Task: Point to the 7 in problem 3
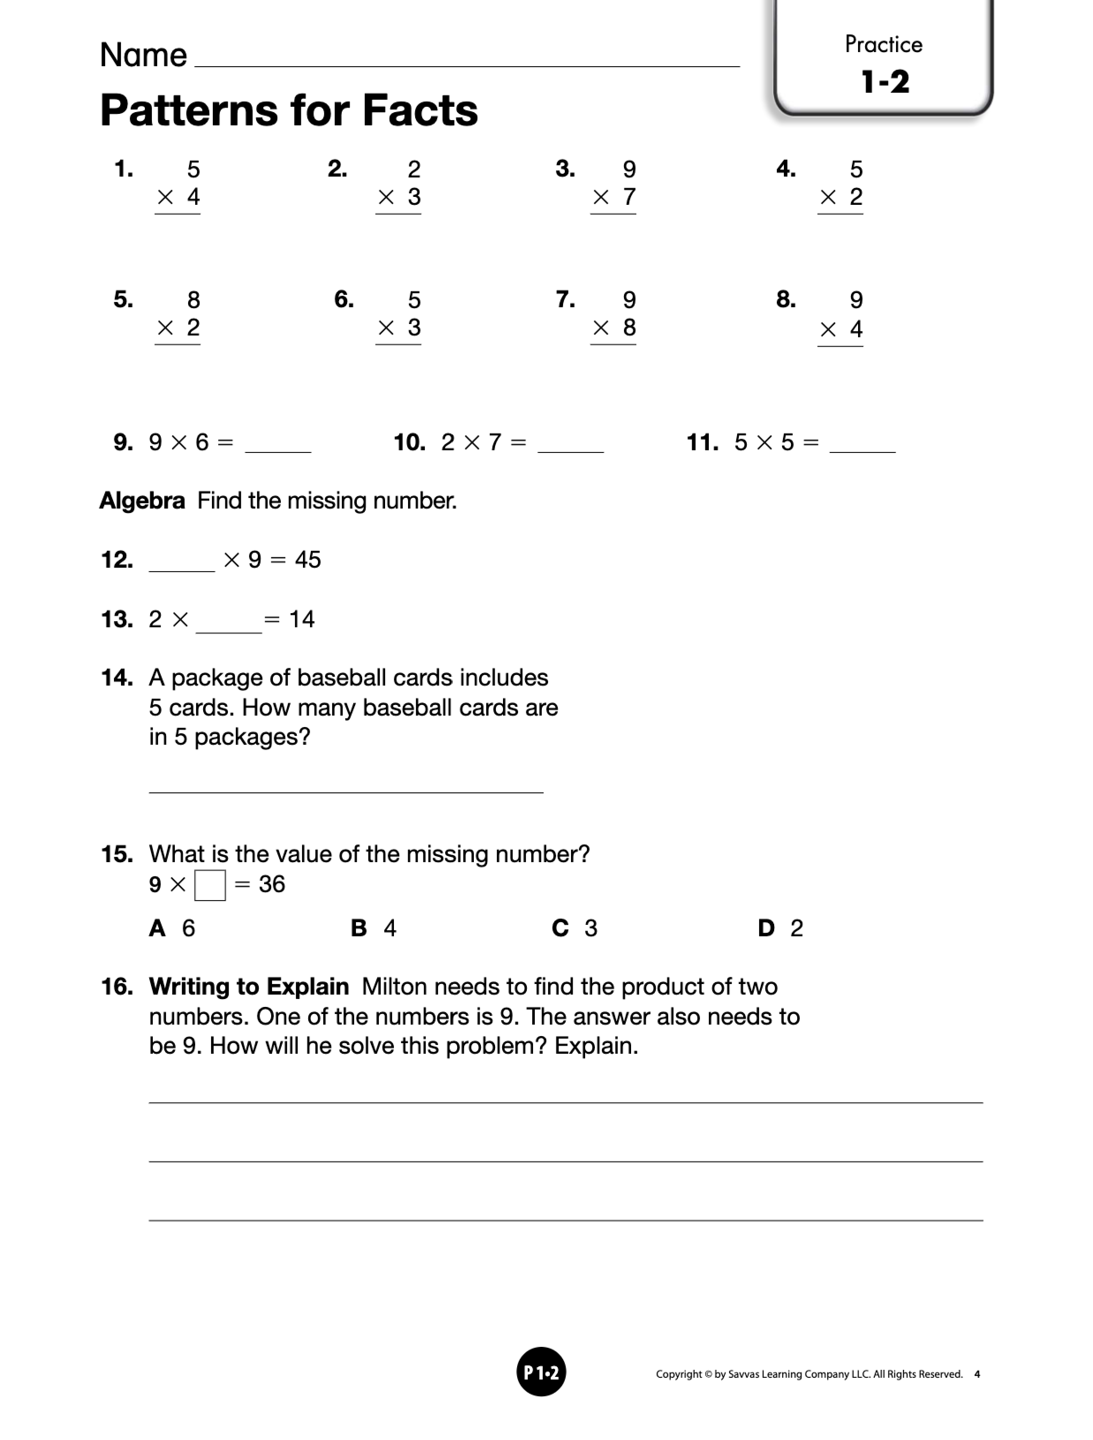pos(628,196)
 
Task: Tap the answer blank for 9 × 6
pos(278,445)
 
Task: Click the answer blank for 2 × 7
pos(571,445)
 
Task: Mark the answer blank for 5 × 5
pos(862,445)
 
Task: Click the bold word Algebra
pos(142,501)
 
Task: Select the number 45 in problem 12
pos(307,560)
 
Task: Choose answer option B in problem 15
pos(373,927)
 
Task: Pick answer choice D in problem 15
pos(780,927)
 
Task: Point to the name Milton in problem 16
pos(393,987)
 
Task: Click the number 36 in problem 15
pos(272,884)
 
